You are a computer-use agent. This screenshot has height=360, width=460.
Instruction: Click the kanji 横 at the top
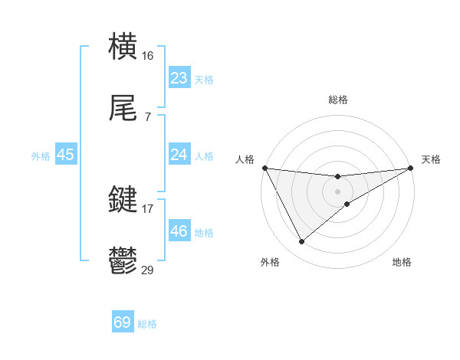pyautogui.click(x=123, y=45)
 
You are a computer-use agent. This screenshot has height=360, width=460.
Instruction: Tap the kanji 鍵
pyautogui.click(x=123, y=200)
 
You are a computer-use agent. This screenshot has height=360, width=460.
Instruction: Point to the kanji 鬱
pyautogui.click(x=123, y=261)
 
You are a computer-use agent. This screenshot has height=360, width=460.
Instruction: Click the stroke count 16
pyautogui.click(x=149, y=55)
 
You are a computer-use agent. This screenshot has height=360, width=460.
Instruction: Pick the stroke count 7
pyautogui.click(x=148, y=117)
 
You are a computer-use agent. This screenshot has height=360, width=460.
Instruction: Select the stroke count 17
pyautogui.click(x=148, y=208)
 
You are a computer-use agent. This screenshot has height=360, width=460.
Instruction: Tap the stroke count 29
pyautogui.click(x=148, y=270)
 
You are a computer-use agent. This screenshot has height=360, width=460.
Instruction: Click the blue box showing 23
pyautogui.click(x=179, y=78)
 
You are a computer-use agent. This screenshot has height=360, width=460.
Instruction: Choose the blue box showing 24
pyautogui.click(x=179, y=155)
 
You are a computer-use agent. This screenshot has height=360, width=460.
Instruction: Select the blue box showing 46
pyautogui.click(x=179, y=231)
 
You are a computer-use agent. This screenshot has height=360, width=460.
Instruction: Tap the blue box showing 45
pyautogui.click(x=66, y=155)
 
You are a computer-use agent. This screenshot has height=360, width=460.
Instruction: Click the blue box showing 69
pyautogui.click(x=123, y=322)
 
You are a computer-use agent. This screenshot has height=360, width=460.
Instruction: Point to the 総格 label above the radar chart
pyautogui.click(x=338, y=100)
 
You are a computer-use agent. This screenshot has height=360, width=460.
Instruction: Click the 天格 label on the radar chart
pyautogui.click(x=431, y=159)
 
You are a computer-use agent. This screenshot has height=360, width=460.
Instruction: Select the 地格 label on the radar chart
pyautogui.click(x=402, y=262)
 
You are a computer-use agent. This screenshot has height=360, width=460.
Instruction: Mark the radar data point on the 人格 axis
pyautogui.click(x=264, y=168)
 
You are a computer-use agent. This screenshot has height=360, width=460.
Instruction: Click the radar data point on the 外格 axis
pyautogui.click(x=301, y=242)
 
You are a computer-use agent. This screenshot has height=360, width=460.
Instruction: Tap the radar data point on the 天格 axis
pyautogui.click(x=411, y=168)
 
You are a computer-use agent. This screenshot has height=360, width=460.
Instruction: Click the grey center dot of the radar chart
pyautogui.click(x=338, y=191)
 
